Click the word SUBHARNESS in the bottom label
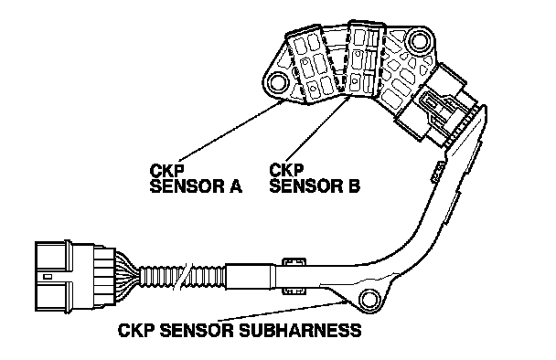300,331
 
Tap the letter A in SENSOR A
235,186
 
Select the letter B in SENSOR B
354,185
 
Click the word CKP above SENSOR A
166,171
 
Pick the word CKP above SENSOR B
286,170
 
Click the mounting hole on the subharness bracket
369,300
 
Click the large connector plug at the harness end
75,276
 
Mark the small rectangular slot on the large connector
48,276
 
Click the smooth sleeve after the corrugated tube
251,276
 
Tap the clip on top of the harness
294,262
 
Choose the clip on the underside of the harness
294,291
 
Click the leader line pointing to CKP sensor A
231,131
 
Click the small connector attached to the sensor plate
440,104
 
